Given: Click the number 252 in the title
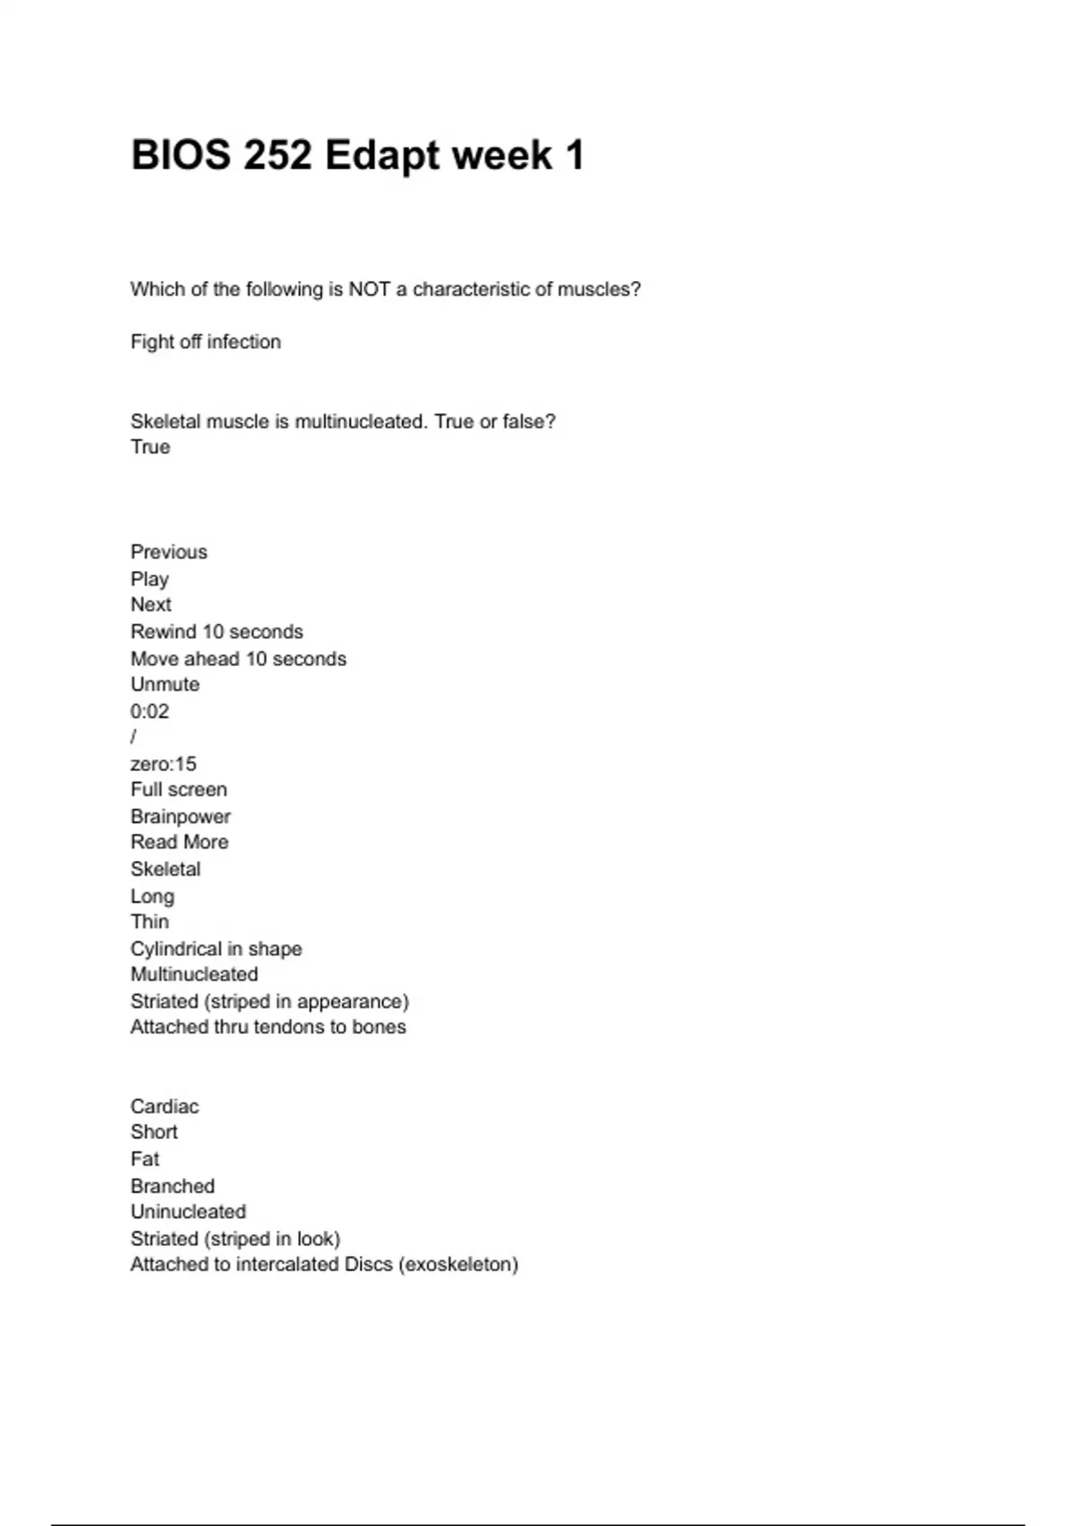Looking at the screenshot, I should click(277, 155).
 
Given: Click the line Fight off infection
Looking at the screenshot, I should click(206, 342).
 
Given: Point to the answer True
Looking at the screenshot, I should click(150, 447).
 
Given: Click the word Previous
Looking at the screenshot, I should click(169, 552).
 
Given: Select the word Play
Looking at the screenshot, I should click(150, 579).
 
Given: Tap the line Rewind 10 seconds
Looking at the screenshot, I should click(216, 632).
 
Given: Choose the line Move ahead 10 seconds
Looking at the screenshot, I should click(238, 659).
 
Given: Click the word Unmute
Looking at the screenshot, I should click(165, 685).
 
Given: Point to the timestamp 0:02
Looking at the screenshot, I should click(150, 712).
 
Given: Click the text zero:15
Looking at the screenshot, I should click(163, 764).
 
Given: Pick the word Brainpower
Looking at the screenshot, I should click(180, 817).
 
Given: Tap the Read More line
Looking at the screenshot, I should click(179, 842).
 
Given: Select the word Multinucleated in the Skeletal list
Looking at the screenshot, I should click(194, 975).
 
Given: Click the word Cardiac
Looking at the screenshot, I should click(164, 1107).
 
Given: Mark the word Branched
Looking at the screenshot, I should click(172, 1186).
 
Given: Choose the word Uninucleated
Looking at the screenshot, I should click(188, 1212).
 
